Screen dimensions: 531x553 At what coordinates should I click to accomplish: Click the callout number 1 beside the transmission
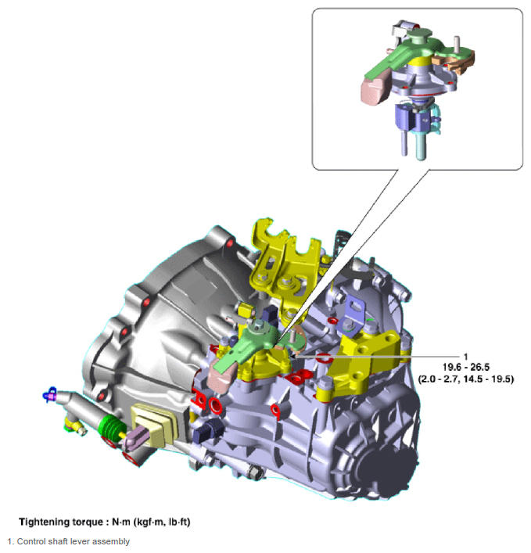coord(466,357)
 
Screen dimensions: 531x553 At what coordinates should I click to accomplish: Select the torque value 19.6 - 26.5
coord(466,367)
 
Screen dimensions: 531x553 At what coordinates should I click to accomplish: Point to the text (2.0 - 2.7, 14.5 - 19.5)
coord(466,379)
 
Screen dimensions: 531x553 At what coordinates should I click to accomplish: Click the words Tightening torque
coord(62,522)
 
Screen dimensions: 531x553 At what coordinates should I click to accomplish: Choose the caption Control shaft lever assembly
coord(74,541)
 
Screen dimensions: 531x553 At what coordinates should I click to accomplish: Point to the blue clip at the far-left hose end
coord(50,394)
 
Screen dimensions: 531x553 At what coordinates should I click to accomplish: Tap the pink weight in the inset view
coord(375,90)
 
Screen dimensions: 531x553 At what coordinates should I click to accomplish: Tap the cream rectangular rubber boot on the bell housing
coord(154,426)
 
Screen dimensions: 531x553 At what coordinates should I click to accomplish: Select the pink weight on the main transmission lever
coord(221,375)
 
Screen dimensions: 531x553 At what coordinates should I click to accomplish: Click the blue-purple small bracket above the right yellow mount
coord(352,314)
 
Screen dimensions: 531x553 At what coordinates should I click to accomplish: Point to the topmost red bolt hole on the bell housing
coord(230,243)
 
